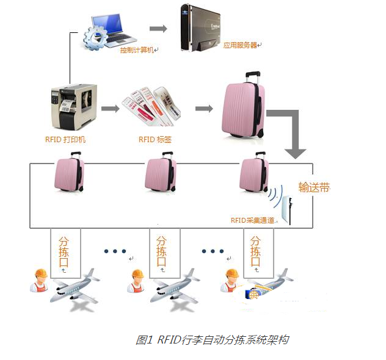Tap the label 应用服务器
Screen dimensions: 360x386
pyautogui.click(x=240, y=45)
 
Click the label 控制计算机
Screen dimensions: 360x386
pyautogui.click(x=138, y=49)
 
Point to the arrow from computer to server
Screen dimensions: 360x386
pyautogui.click(x=158, y=28)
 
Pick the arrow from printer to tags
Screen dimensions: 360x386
pyautogui.click(x=110, y=109)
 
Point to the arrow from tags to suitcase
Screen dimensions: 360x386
pyautogui.click(x=204, y=109)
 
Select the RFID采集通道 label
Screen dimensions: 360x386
pyautogui.click(x=253, y=220)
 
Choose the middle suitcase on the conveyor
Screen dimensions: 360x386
pyautogui.click(x=161, y=174)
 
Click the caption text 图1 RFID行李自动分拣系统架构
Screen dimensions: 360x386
pyautogui.click(x=211, y=340)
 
